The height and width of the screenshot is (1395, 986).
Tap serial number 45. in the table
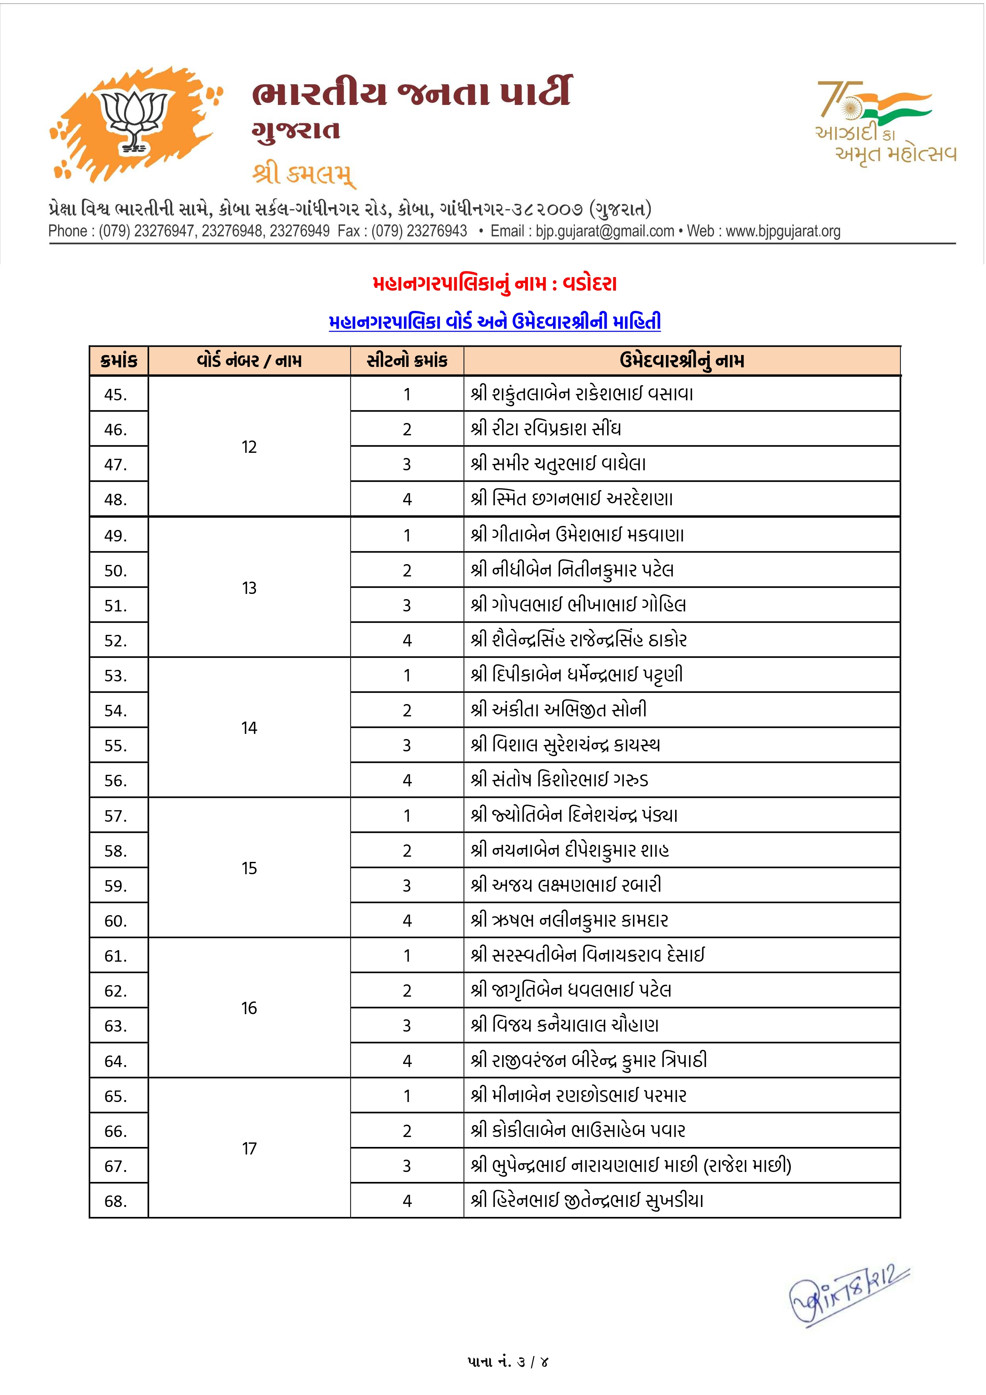116,395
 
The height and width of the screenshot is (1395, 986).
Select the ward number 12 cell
249,447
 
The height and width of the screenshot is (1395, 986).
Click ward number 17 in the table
249,1149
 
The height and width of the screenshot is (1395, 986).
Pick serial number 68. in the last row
116,1201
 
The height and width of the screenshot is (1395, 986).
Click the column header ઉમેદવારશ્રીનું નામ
681,361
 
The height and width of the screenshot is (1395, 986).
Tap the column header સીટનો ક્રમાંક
407,361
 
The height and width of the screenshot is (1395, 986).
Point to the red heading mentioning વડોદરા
495,284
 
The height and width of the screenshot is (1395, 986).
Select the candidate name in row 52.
578,640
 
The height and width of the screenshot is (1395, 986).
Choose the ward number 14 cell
249,728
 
